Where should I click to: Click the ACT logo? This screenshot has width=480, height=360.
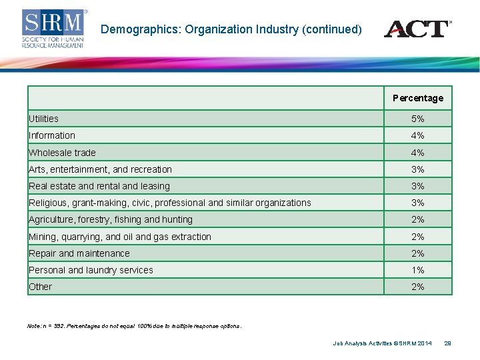pyautogui.click(x=417, y=29)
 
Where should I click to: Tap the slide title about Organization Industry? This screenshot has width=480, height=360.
pyautogui.click(x=231, y=29)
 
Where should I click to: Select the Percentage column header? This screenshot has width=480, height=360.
pyautogui.click(x=418, y=98)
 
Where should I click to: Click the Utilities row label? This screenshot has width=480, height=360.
pyautogui.click(x=44, y=119)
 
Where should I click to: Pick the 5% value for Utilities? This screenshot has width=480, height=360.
pyautogui.click(x=418, y=119)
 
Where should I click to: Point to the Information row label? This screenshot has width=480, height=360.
pyautogui.click(x=52, y=135)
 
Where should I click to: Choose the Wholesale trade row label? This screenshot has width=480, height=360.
pyautogui.click(x=63, y=153)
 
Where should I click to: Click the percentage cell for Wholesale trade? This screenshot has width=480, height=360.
pyautogui.click(x=418, y=153)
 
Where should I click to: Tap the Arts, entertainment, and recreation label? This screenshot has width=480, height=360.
pyautogui.click(x=101, y=169)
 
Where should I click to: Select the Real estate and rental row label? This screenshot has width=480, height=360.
pyautogui.click(x=99, y=186)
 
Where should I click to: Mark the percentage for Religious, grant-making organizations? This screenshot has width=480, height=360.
pyautogui.click(x=418, y=203)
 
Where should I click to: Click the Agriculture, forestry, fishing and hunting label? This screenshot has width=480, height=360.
pyautogui.click(x=111, y=219)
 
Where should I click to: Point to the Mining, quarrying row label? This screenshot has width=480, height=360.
pyautogui.click(x=120, y=237)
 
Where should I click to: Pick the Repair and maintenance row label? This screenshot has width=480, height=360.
pyautogui.click(x=79, y=253)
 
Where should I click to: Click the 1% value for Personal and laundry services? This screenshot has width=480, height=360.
pyautogui.click(x=418, y=270)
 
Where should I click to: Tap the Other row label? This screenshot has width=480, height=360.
pyautogui.click(x=41, y=287)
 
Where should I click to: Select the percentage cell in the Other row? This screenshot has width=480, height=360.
pyautogui.click(x=418, y=287)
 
